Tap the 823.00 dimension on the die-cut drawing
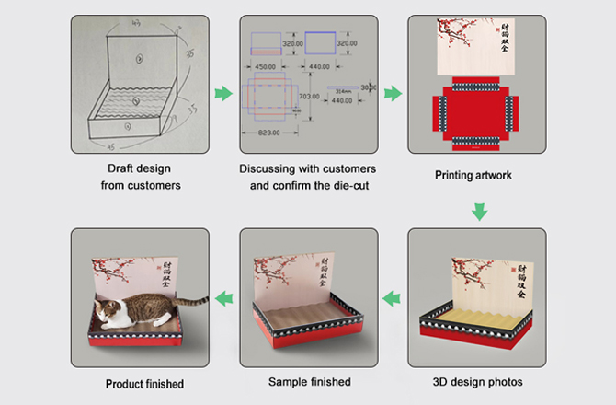[x=269, y=133]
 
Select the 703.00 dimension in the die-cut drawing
[x=309, y=96]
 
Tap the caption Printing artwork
[x=473, y=174]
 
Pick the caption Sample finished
[x=309, y=381]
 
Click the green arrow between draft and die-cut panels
[x=222, y=93]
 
